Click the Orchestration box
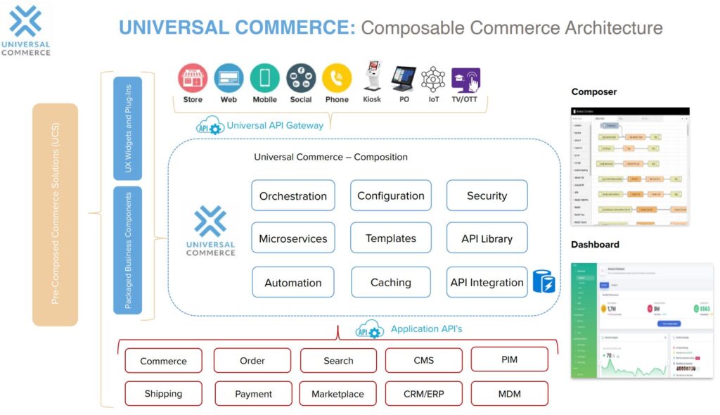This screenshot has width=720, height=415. [293, 196]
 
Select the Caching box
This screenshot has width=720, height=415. [390, 282]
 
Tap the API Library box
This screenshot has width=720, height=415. [487, 238]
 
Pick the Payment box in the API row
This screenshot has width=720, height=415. [253, 394]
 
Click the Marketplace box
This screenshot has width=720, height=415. [337, 394]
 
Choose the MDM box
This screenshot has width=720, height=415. [509, 393]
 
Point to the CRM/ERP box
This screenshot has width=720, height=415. [423, 394]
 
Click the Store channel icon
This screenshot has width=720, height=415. [193, 78]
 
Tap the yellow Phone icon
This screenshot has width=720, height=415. [337, 78]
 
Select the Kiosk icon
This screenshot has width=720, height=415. [372, 77]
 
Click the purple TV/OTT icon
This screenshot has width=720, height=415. [465, 79]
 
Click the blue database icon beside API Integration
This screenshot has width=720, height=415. [544, 281]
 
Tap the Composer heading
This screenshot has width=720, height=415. [593, 91]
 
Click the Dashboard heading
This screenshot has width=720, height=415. [595, 244]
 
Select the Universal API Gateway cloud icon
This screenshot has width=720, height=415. [209, 127]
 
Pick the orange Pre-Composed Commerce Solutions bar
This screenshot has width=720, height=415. [55, 215]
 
